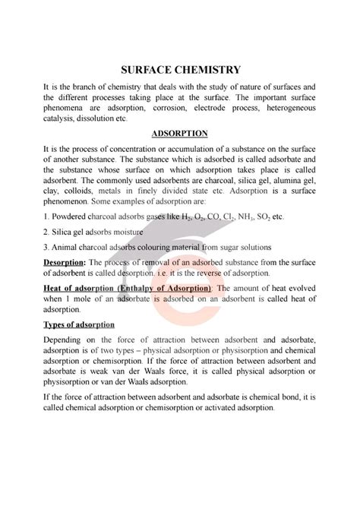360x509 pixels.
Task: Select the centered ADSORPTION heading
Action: tap(179, 133)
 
